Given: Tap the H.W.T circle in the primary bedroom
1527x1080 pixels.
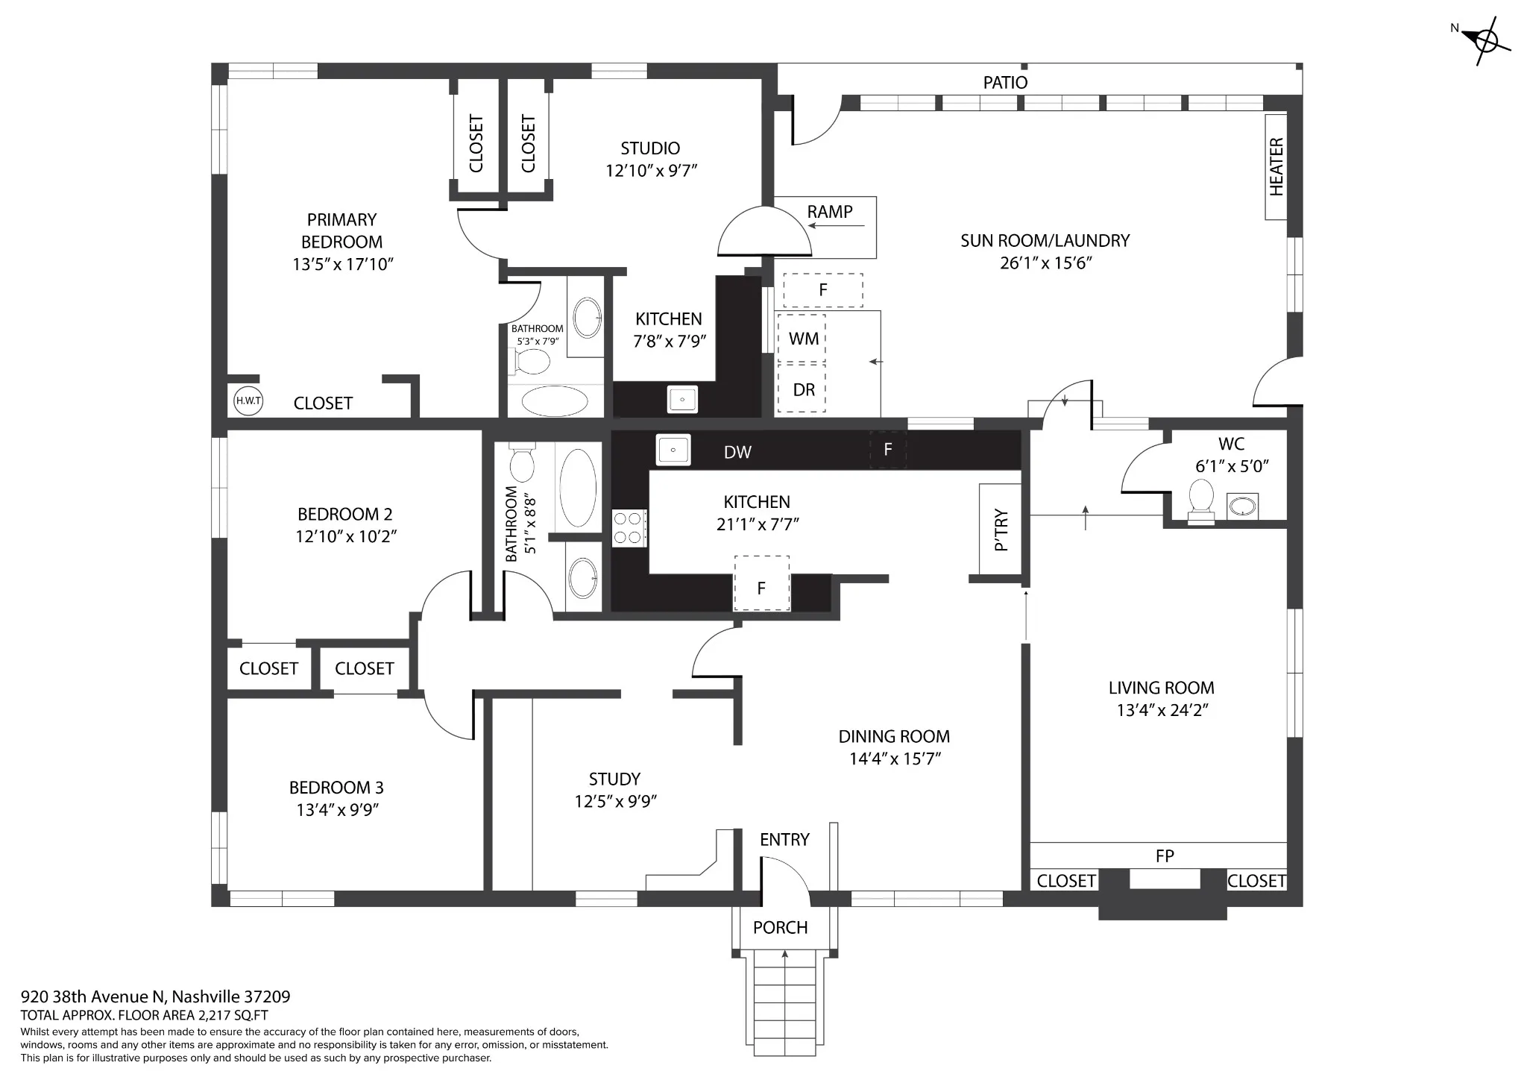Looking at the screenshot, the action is [248, 401].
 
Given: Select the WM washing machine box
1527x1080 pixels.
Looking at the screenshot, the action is [802, 338].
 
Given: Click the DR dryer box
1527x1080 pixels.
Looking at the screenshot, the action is [802, 389].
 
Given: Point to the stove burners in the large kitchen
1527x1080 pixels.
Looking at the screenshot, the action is [629, 527].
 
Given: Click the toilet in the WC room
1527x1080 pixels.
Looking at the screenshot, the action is [1200, 500].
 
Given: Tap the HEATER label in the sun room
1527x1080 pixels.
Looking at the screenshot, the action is [1276, 167].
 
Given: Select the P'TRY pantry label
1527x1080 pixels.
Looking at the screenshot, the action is [1001, 530].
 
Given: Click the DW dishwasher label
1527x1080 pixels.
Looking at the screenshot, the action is [737, 452].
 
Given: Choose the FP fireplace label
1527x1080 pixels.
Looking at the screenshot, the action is [1165, 856].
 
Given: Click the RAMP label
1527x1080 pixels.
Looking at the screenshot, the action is [829, 212].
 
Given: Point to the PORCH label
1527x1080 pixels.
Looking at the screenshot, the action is [780, 927].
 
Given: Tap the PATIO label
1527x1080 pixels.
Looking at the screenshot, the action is [1005, 82].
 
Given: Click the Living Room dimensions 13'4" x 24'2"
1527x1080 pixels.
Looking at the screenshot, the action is [1162, 710].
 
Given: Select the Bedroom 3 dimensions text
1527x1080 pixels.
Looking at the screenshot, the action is [338, 810].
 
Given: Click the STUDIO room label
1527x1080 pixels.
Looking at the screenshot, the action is [650, 148].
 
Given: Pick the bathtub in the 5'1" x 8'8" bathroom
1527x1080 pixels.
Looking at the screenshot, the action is [578, 488].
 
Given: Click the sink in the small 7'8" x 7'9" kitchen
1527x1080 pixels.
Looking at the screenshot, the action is [682, 399].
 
